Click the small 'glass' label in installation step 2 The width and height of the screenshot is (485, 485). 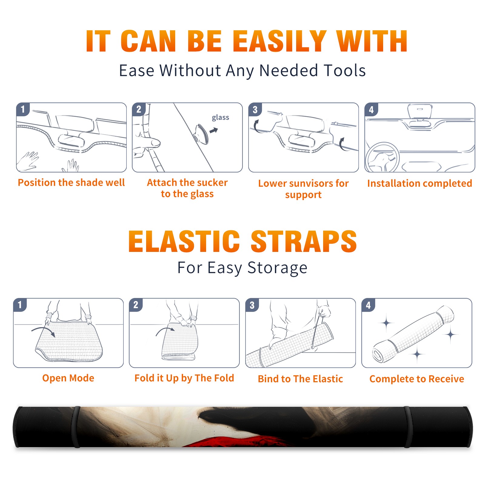pos(220,118)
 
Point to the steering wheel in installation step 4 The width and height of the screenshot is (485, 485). pos(382,157)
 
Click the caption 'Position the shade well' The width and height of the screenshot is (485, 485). pos(71,182)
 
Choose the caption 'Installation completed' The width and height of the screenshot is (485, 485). pos(420,183)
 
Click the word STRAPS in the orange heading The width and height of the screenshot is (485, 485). pos(304,241)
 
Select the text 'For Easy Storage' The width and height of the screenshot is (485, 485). pos(242,268)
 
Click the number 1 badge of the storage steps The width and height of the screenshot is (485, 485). pos(20,305)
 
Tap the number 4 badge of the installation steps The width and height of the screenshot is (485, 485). pos(371,109)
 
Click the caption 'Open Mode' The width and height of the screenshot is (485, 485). pos(68,378)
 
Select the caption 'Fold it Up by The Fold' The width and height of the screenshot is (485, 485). pos(184,378)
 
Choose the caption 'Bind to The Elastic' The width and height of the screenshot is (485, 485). pos(300,379)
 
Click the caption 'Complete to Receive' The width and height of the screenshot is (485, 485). pos(417,379)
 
